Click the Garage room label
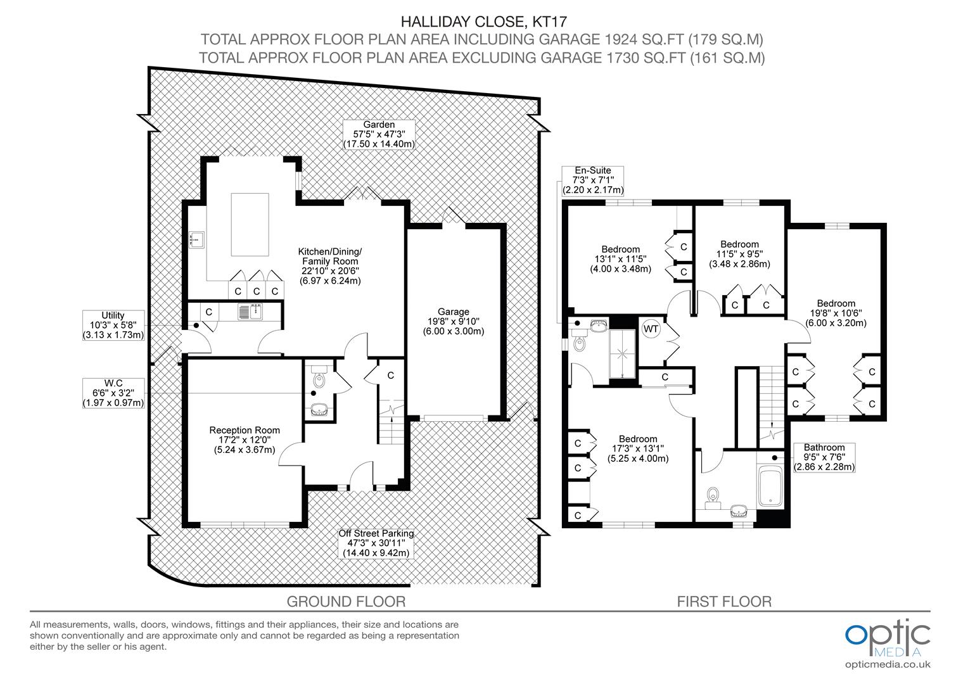pyautogui.click(x=454, y=321)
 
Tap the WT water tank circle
pyautogui.click(x=651, y=329)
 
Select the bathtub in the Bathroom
pyautogui.click(x=771, y=487)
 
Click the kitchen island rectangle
pyautogui.click(x=251, y=224)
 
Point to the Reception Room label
pyautogui.click(x=245, y=440)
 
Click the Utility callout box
pyautogui.click(x=113, y=325)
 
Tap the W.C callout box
pyautogui.click(x=113, y=393)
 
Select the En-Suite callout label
pyautogui.click(x=593, y=180)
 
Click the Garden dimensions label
pyautogui.click(x=379, y=134)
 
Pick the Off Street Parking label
pyautogui.click(x=376, y=543)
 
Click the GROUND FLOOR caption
pyautogui.click(x=346, y=601)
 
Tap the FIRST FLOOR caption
pyautogui.click(x=724, y=601)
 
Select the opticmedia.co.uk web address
pyautogui.click(x=888, y=664)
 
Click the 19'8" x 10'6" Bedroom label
pyautogui.click(x=836, y=313)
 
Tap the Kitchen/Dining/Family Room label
pyautogui.click(x=329, y=266)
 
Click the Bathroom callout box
pyautogui.click(x=824, y=457)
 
